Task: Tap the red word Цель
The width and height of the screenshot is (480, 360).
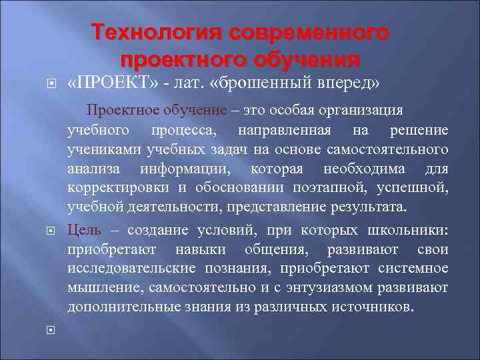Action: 83,231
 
